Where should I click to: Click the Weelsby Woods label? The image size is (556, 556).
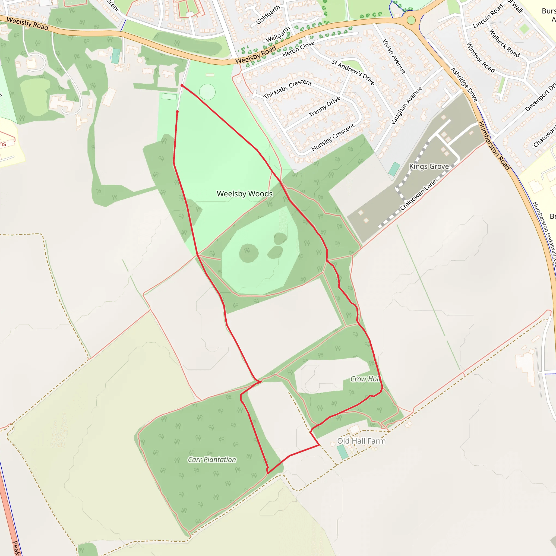coord(244,194)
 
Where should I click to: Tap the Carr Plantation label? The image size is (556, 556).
coord(212,460)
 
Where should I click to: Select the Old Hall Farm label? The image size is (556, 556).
coord(361,441)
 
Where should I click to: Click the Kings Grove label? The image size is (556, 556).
coord(429,166)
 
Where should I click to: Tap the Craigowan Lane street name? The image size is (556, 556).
coord(418,195)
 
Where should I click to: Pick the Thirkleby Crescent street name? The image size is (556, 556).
coord(288,89)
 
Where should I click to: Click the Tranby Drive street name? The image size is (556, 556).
coord(324,106)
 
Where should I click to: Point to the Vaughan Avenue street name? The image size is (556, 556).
coord(406,105)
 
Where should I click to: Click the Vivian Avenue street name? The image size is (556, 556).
coord(394,56)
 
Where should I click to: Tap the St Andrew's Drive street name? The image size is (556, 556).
coord(353,72)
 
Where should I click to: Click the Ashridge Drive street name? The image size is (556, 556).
coord(464,84)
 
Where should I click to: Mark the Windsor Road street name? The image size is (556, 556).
coord(480,58)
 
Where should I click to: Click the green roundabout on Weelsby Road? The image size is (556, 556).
coord(411,20)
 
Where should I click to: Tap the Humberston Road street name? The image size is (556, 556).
coord(494,146)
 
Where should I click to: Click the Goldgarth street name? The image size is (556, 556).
coord(268,15)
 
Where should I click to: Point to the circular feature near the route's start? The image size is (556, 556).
coord(207,92)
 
